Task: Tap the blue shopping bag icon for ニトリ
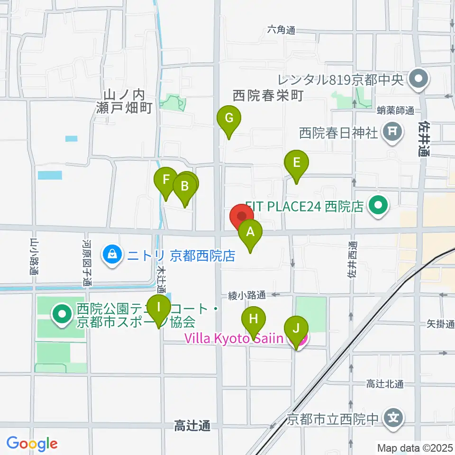(x=112, y=256)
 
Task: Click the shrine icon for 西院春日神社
(x=392, y=132)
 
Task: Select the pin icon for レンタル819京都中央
(x=418, y=79)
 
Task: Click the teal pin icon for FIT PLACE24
(x=379, y=206)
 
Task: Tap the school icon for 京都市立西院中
(x=394, y=419)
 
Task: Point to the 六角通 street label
(x=281, y=29)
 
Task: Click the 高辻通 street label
(x=192, y=426)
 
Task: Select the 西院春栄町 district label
(x=268, y=96)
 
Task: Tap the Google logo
(x=32, y=444)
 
